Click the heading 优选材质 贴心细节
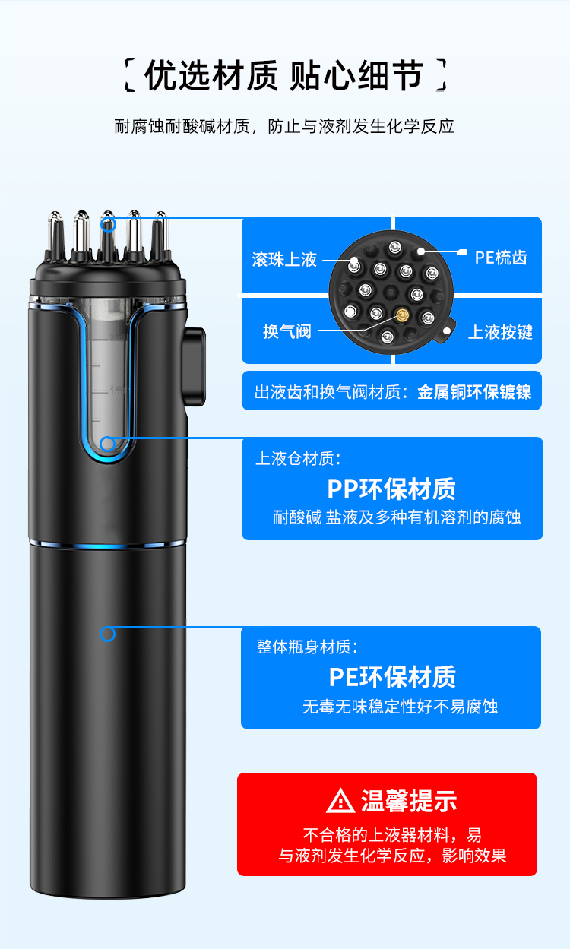pos(283,77)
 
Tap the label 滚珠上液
pos(284,260)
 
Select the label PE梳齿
pos(501,258)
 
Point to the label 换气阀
pos(287,332)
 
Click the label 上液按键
pos(500,332)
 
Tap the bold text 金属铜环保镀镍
pos(474,393)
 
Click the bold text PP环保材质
pos(391,488)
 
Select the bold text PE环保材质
pos(391,676)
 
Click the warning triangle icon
pos(340,801)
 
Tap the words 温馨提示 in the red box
pos(409,801)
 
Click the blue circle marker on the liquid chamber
pos(107,444)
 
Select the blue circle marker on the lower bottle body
pos(108,634)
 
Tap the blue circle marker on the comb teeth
pos(108,223)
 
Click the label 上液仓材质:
pos(298,458)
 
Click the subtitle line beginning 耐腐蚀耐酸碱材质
pos(284,126)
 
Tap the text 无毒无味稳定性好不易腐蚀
pos(400,707)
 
